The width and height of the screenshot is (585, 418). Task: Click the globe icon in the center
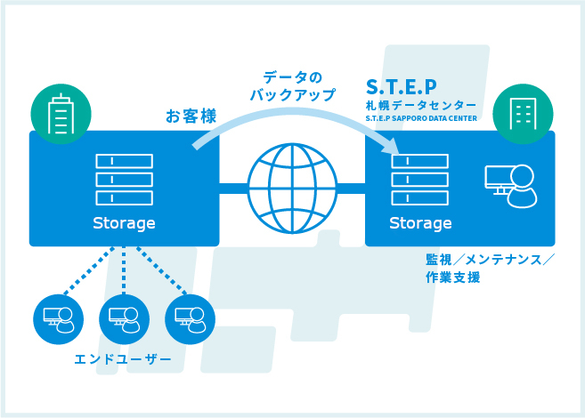[x=292, y=189]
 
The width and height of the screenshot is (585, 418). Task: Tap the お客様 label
[x=191, y=116]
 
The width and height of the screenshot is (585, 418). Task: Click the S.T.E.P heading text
[x=401, y=87]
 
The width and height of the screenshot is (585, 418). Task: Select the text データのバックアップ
[x=292, y=86]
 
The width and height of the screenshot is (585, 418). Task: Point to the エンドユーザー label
[x=123, y=359]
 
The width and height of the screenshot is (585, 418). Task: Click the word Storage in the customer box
[x=124, y=223]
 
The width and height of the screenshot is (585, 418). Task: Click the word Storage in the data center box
[x=420, y=223]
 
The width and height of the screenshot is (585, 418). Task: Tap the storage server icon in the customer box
[x=125, y=180]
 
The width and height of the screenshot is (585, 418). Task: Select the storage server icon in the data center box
[x=420, y=180]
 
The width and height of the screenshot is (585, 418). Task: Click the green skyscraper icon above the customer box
[x=61, y=114]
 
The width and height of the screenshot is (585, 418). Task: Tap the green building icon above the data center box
[x=523, y=114]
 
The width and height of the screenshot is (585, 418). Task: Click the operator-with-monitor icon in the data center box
[x=511, y=186]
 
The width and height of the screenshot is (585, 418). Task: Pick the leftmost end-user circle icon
[x=58, y=319]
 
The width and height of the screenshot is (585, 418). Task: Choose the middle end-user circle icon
[x=125, y=319]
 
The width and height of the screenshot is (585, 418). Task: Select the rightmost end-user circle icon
[x=190, y=319]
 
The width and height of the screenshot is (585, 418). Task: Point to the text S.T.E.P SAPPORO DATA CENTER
[x=421, y=118]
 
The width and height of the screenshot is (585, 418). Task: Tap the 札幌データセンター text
[x=421, y=106]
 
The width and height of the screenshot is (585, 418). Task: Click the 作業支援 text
[x=452, y=277]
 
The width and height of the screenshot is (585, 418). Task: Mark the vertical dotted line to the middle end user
[x=124, y=270]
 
